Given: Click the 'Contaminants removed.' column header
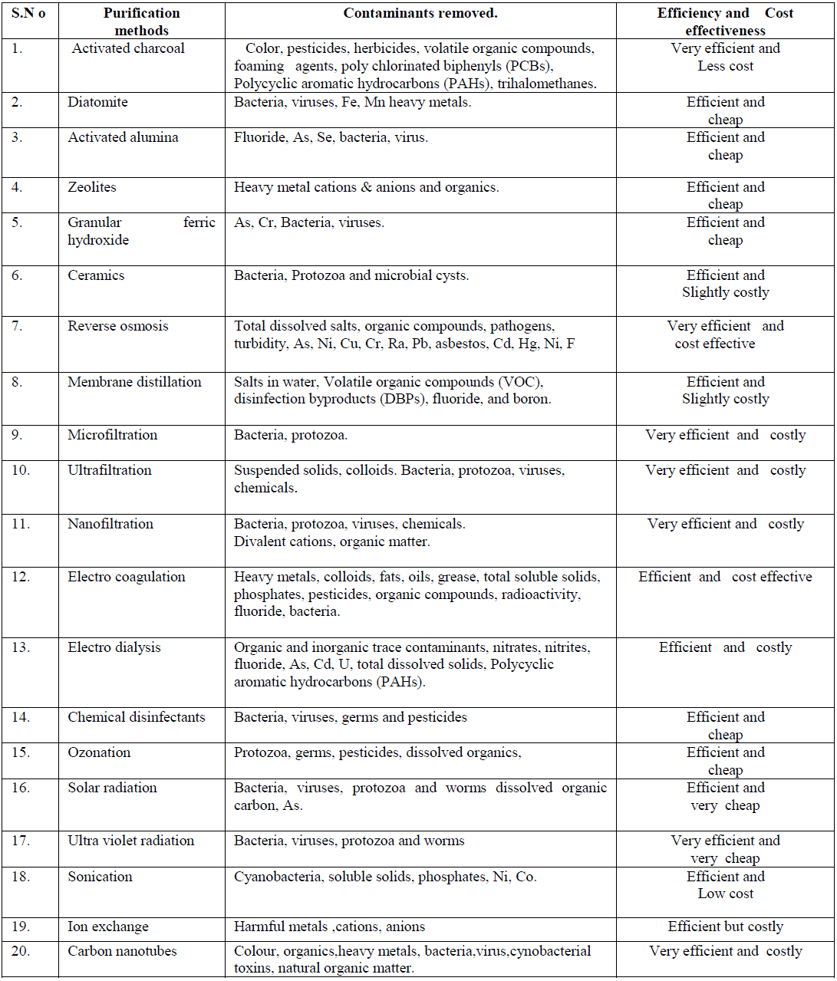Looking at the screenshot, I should tap(420, 13).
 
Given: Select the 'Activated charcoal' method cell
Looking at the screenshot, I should tap(128, 48).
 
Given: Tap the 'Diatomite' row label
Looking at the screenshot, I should tap(97, 102).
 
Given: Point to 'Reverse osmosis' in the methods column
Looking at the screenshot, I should tap(117, 326).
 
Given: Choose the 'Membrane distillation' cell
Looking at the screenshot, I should tap(134, 382).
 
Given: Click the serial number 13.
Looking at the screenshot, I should tap(21, 647).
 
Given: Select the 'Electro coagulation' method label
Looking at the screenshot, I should tap(126, 577).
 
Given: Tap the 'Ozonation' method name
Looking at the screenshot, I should tap(99, 752).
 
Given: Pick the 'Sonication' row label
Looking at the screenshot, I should tap(100, 877).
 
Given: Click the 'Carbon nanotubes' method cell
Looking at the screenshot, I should tap(122, 951).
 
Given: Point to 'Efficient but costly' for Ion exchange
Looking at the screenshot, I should tap(725, 927).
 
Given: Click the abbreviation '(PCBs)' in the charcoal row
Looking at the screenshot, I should tap(527, 66).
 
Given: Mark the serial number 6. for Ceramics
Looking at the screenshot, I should tap(17, 275).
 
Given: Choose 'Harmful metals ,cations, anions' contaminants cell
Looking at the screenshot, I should tap(329, 927).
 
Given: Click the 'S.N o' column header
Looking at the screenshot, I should tap(28, 13).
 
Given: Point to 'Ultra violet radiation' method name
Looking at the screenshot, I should tap(130, 841).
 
